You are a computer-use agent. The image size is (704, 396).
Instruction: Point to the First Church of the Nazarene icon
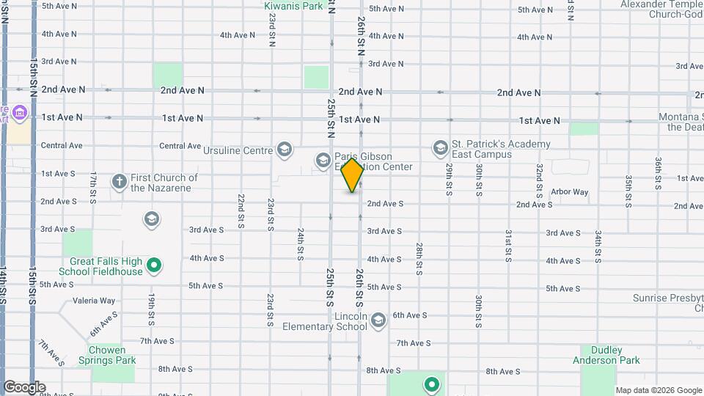119,180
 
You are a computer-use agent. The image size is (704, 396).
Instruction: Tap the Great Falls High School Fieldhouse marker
154,265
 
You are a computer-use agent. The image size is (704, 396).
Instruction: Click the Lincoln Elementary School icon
378,320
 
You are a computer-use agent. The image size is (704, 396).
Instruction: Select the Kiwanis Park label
293,6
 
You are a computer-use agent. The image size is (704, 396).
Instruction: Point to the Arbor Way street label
569,192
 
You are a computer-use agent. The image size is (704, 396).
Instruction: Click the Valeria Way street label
93,301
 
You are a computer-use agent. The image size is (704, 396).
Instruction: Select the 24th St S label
301,243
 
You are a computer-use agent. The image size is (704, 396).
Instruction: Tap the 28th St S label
419,258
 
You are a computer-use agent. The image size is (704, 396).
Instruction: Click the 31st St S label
507,245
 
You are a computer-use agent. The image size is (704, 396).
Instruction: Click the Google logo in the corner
24,387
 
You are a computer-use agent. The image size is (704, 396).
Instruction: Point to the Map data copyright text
658,390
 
